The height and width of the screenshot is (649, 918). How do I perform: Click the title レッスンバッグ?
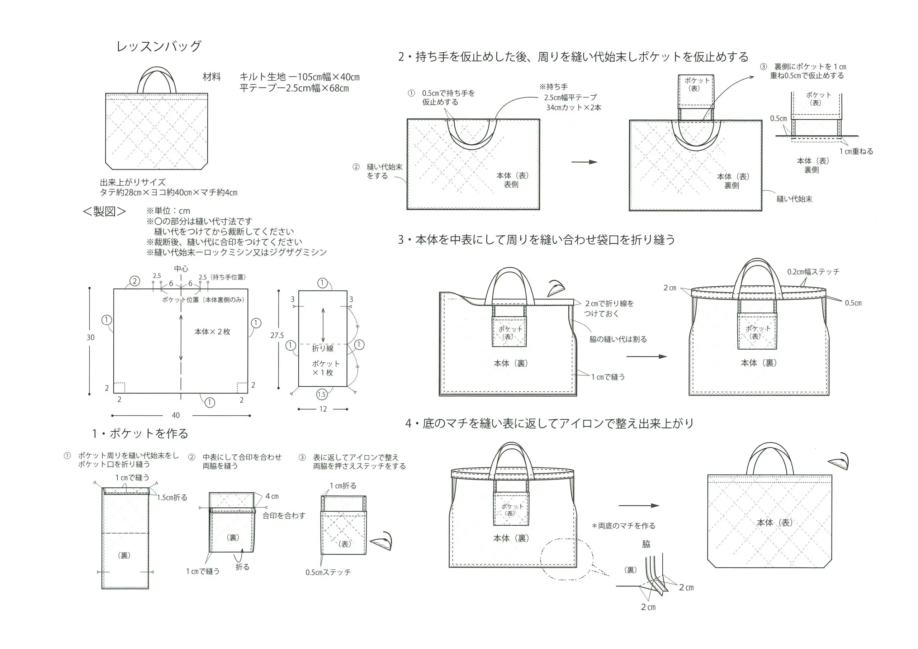159,46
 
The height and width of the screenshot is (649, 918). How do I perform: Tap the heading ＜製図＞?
104,211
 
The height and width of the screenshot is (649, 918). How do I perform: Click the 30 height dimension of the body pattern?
91,337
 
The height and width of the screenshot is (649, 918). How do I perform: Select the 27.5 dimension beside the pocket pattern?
277,335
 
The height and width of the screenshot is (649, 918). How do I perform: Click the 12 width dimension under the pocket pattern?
323,409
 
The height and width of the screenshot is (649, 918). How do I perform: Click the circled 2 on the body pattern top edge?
135,281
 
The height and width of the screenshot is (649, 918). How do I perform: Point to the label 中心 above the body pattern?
181,269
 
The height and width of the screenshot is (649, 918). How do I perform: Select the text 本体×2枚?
212,332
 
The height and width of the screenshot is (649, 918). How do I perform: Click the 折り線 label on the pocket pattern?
323,348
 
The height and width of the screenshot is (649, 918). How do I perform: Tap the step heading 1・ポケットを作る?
140,434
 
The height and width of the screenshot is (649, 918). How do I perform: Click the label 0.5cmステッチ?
328,572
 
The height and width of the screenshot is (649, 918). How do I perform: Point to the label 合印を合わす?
284,516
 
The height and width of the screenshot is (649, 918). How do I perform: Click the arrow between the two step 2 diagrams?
584,162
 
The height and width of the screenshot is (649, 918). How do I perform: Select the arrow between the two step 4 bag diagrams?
639,506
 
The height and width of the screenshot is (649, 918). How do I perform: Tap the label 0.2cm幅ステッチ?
813,272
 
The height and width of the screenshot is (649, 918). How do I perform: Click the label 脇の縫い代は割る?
618,339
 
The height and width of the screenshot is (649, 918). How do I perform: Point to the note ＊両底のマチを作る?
624,526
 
